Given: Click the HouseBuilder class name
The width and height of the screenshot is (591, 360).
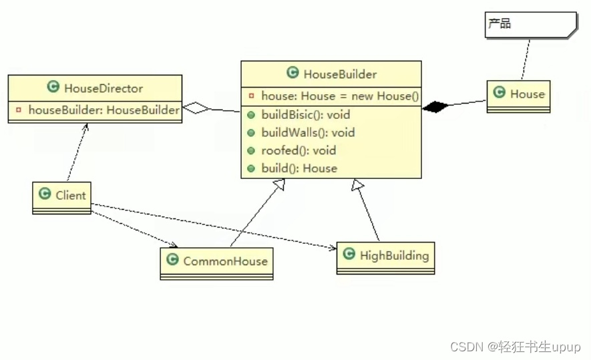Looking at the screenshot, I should (x=340, y=73).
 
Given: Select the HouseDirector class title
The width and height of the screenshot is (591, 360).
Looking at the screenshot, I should (x=104, y=87).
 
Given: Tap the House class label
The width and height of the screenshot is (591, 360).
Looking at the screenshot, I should (x=527, y=94).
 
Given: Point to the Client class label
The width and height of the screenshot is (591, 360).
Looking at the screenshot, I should (x=71, y=195).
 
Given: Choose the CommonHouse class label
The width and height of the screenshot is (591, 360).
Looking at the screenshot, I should (x=225, y=261).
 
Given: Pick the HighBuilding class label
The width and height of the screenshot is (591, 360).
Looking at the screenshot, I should (x=394, y=255).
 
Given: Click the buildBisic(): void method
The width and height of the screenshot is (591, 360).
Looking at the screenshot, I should (x=305, y=114).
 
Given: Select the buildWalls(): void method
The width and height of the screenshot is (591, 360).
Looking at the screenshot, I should (x=308, y=132).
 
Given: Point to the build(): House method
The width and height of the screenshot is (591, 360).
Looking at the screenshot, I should (x=299, y=168).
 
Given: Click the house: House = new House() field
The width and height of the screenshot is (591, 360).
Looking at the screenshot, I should (x=340, y=96).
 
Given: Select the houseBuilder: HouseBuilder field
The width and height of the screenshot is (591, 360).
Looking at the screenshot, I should (x=104, y=110).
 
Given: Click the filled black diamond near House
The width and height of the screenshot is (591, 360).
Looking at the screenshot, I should (x=435, y=106).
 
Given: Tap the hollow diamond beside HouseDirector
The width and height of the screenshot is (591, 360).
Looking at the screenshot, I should (x=197, y=108).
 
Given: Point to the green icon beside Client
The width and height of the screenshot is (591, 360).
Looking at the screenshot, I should (x=45, y=194).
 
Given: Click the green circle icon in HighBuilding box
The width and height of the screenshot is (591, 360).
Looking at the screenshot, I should (x=349, y=254).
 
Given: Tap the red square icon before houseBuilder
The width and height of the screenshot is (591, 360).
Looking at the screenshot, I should (x=19, y=110).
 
